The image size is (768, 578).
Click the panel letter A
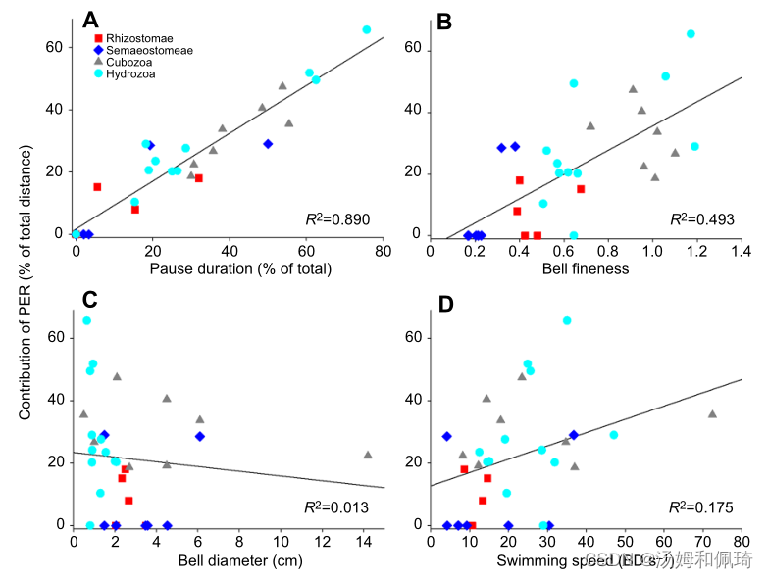(x=90, y=20)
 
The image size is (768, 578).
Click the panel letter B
(x=442, y=20)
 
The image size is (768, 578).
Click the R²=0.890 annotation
(x=337, y=219)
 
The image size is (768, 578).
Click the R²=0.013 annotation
(x=335, y=507)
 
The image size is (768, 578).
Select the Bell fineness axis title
(x=586, y=269)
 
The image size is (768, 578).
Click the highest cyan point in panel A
(x=367, y=30)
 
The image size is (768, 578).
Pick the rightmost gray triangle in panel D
(x=712, y=414)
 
